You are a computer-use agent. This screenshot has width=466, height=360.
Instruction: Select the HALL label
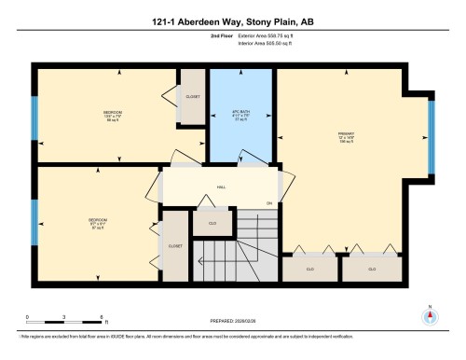click(x=222, y=187)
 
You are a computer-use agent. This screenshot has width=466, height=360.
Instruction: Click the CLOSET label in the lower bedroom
click(x=174, y=246)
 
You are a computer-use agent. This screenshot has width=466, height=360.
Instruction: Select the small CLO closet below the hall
click(x=212, y=224)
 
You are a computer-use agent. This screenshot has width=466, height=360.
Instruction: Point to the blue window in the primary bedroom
click(x=431, y=137)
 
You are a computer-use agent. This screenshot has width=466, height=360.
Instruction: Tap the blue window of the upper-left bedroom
click(x=34, y=115)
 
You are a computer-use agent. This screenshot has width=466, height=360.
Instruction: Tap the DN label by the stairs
click(x=269, y=203)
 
